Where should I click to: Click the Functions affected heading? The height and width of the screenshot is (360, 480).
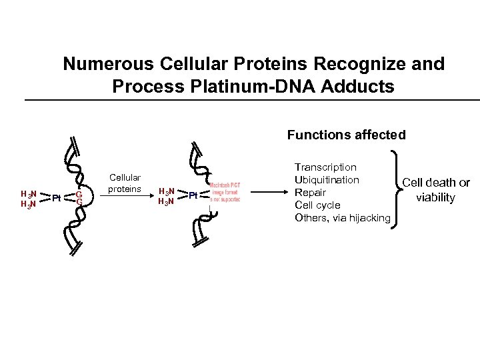(x=346, y=135)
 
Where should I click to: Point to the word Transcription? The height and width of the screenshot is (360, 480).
(x=325, y=167)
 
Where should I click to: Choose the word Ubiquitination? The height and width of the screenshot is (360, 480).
(x=327, y=179)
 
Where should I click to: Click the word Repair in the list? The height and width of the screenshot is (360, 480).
(x=310, y=192)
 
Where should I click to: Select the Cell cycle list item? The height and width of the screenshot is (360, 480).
(x=317, y=205)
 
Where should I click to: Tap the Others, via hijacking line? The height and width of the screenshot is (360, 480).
(x=342, y=217)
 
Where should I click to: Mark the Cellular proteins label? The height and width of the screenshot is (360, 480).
(x=125, y=183)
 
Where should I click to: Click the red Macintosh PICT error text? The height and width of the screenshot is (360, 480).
(x=225, y=193)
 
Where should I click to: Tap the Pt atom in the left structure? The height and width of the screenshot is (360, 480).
(x=57, y=198)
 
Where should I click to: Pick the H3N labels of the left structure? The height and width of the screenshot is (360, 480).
(x=29, y=199)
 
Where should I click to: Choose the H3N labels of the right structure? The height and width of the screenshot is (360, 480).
(x=166, y=196)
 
